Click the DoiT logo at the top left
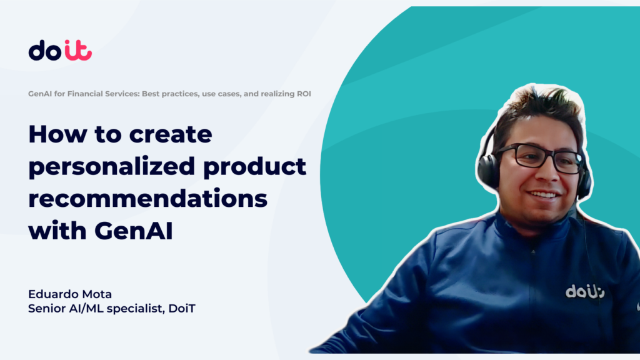point(60,50)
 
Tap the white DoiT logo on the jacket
point(585,292)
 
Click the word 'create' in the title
point(171,134)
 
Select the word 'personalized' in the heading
point(111,167)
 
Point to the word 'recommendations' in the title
point(147,199)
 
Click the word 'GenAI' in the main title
point(134,231)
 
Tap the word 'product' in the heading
point(254,167)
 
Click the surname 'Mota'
point(97,294)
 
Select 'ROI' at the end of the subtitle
point(304,94)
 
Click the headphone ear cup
point(488,171)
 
